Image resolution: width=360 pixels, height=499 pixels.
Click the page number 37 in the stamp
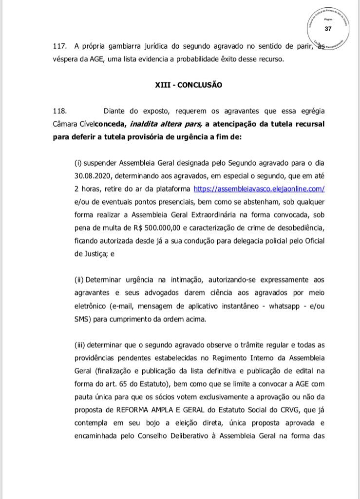point(328,29)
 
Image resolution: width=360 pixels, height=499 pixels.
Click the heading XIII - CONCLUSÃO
point(188,84)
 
